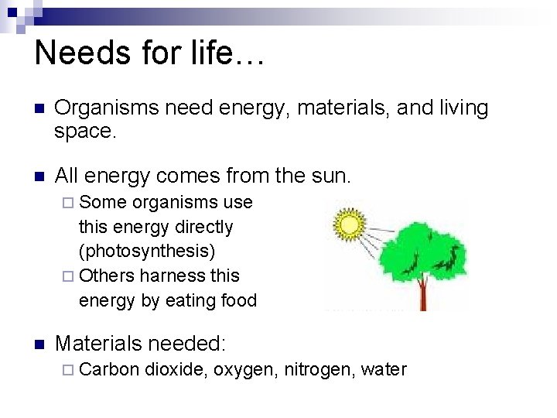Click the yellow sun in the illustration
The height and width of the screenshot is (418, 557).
click(349, 225)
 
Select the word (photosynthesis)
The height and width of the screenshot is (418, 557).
click(147, 252)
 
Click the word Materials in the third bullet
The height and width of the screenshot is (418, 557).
click(100, 344)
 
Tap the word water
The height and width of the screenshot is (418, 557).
click(384, 369)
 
